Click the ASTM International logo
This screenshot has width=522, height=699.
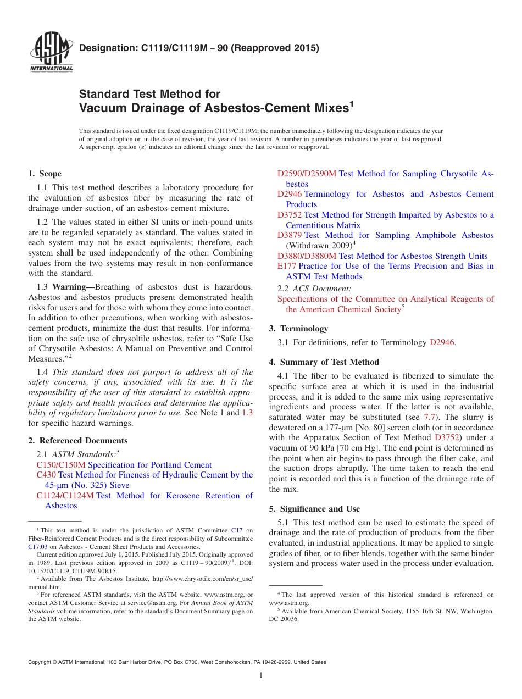(51, 53)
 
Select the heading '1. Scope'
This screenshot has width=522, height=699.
(45, 174)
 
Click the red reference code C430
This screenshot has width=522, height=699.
(46, 475)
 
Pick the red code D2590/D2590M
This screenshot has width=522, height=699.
(307, 174)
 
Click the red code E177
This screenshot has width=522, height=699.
(287, 266)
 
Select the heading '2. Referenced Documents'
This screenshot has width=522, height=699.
(77, 441)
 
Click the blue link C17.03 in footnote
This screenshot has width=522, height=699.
(37, 547)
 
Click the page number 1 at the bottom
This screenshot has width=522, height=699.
(261, 675)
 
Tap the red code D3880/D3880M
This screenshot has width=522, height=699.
(307, 256)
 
